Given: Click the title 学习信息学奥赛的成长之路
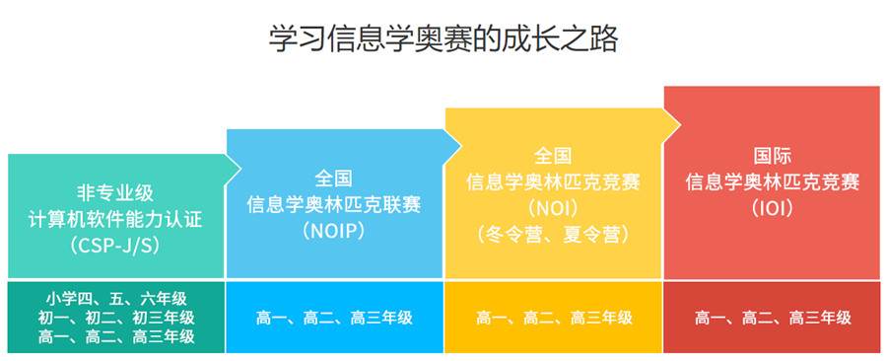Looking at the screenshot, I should point(443,39).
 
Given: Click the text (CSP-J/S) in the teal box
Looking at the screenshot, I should point(116,242).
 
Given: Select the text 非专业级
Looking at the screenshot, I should point(116,191).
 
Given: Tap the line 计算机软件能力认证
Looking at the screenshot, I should point(116,217).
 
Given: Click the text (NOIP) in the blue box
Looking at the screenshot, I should point(334,230).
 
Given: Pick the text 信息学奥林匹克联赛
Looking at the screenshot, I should point(334,204).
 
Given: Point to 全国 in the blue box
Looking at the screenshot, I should point(334,179).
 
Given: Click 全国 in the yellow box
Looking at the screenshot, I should point(553,156).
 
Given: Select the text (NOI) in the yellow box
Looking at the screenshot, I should point(553,208).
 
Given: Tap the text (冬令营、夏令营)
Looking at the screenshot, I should point(553,234).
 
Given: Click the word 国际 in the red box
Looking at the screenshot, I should point(772,156).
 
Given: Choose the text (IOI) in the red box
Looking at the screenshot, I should point(772,208).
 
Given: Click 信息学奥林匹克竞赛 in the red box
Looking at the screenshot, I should point(772,182).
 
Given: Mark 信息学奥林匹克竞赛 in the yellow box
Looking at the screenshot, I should point(553,182).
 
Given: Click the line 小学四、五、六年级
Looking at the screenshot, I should point(116,298).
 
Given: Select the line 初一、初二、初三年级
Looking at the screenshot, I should point(116,317).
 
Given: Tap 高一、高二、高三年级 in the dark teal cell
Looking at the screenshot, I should point(116,336).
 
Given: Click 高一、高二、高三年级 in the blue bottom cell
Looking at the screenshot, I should point(334,318).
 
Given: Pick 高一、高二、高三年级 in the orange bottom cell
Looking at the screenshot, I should point(553,318).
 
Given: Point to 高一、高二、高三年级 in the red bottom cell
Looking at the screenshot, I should point(772,318).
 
